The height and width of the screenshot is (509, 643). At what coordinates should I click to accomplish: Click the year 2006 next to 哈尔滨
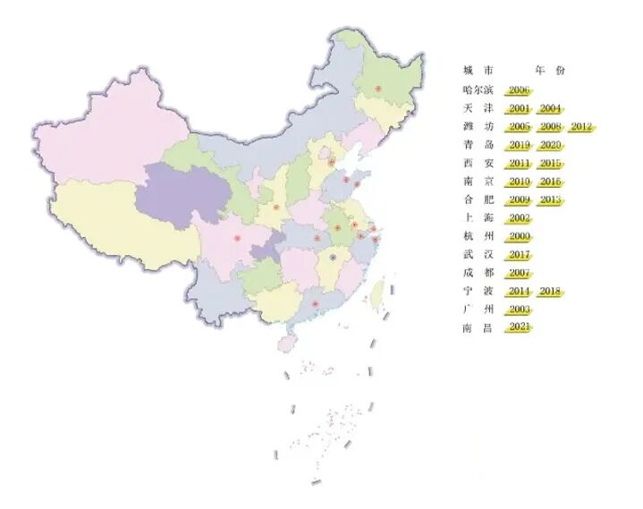pos(519,90)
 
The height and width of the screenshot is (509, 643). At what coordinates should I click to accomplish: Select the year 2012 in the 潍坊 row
pos(581,127)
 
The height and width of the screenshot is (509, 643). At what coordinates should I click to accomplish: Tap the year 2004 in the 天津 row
pos(550,108)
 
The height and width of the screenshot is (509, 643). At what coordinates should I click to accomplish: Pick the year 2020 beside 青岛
pos(550,145)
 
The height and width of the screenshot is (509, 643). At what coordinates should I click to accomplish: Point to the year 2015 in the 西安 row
pos(550,164)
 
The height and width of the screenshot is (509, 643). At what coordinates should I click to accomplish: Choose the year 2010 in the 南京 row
pos(519,182)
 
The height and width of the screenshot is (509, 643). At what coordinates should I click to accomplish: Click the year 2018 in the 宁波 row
pos(550,291)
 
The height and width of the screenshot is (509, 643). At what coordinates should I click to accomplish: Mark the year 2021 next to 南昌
pos(519,327)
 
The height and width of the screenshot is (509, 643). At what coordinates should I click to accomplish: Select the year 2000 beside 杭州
pos(519,236)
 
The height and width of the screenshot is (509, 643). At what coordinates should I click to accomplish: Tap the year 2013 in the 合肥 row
pos(550,199)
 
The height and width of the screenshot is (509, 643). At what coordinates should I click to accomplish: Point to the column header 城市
pos(478,71)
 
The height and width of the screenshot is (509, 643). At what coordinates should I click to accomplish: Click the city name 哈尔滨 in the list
pos(478,90)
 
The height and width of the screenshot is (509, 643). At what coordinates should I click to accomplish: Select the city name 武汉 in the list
pos(478,255)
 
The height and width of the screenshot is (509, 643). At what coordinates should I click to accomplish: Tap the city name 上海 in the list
pos(478,218)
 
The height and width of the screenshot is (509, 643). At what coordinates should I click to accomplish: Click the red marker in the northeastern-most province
pos(377,89)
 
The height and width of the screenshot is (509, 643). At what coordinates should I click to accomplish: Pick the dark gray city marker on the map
pos(334,257)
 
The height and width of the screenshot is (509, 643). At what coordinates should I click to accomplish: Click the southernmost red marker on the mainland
pos(316,305)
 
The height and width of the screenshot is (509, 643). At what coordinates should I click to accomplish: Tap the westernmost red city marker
pos(237,238)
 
